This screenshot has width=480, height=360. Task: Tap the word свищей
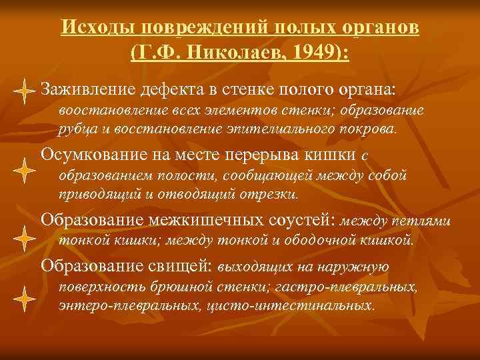click(x=181, y=265)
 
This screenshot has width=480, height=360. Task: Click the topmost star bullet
click(x=23, y=91)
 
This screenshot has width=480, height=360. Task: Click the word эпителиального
click(x=302, y=129)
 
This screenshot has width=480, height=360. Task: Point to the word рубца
click(x=75, y=129)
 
